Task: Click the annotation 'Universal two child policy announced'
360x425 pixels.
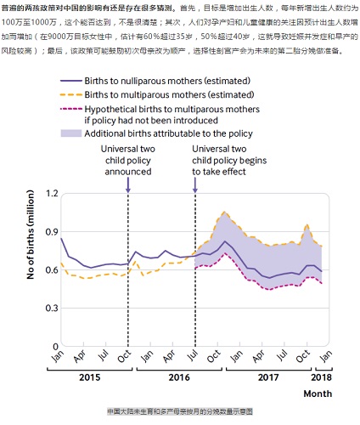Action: pyautogui.click(x=127, y=161)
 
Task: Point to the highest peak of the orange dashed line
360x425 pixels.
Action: pyautogui.click(x=224, y=212)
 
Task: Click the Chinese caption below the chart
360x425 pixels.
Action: pyautogui.click(x=180, y=410)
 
